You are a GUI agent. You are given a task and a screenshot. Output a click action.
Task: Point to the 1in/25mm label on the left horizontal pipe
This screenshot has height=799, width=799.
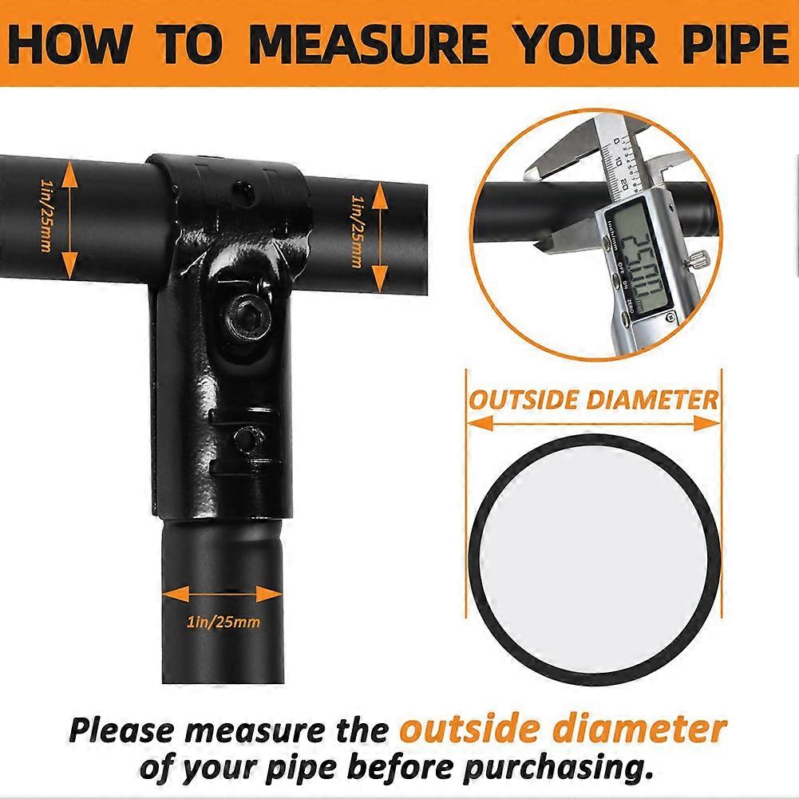pos(45,216)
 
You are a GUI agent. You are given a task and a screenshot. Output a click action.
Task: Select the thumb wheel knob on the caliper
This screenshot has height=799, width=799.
pos(698,259)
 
